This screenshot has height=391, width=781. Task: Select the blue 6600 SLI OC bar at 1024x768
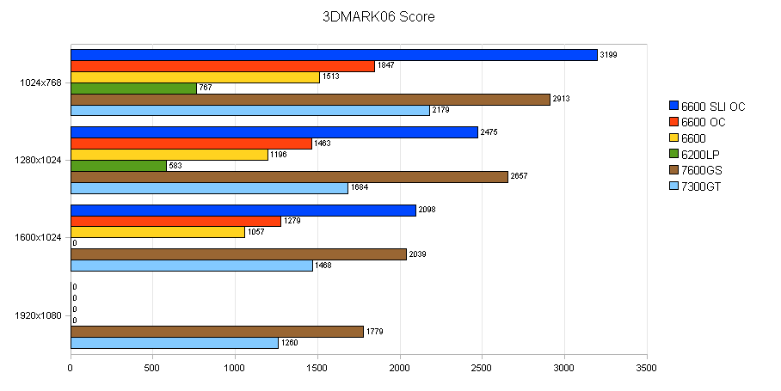coord(334,55)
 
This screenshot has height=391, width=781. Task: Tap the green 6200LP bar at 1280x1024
coord(118,166)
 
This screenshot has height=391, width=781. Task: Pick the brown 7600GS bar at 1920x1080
coord(217,332)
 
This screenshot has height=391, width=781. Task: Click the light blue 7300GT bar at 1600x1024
coord(191,266)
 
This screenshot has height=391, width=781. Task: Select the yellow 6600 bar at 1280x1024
coord(169,155)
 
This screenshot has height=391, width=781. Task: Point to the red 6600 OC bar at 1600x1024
coord(175,222)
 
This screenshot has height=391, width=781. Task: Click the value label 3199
coord(608,55)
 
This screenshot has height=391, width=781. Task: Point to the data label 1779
coord(374,332)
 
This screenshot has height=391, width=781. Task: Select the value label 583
coord(176,166)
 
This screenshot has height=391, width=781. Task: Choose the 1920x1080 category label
coord(39,315)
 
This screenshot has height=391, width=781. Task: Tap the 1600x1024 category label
coord(39,238)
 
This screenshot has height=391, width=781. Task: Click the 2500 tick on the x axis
coord(482,367)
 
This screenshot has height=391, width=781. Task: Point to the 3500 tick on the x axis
coord(646,367)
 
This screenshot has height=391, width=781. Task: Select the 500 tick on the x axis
coord(152,367)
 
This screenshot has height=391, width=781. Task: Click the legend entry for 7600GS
coord(700,170)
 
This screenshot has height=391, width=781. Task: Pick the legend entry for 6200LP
coord(700,155)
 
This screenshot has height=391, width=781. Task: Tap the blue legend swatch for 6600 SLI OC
coord(673,107)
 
